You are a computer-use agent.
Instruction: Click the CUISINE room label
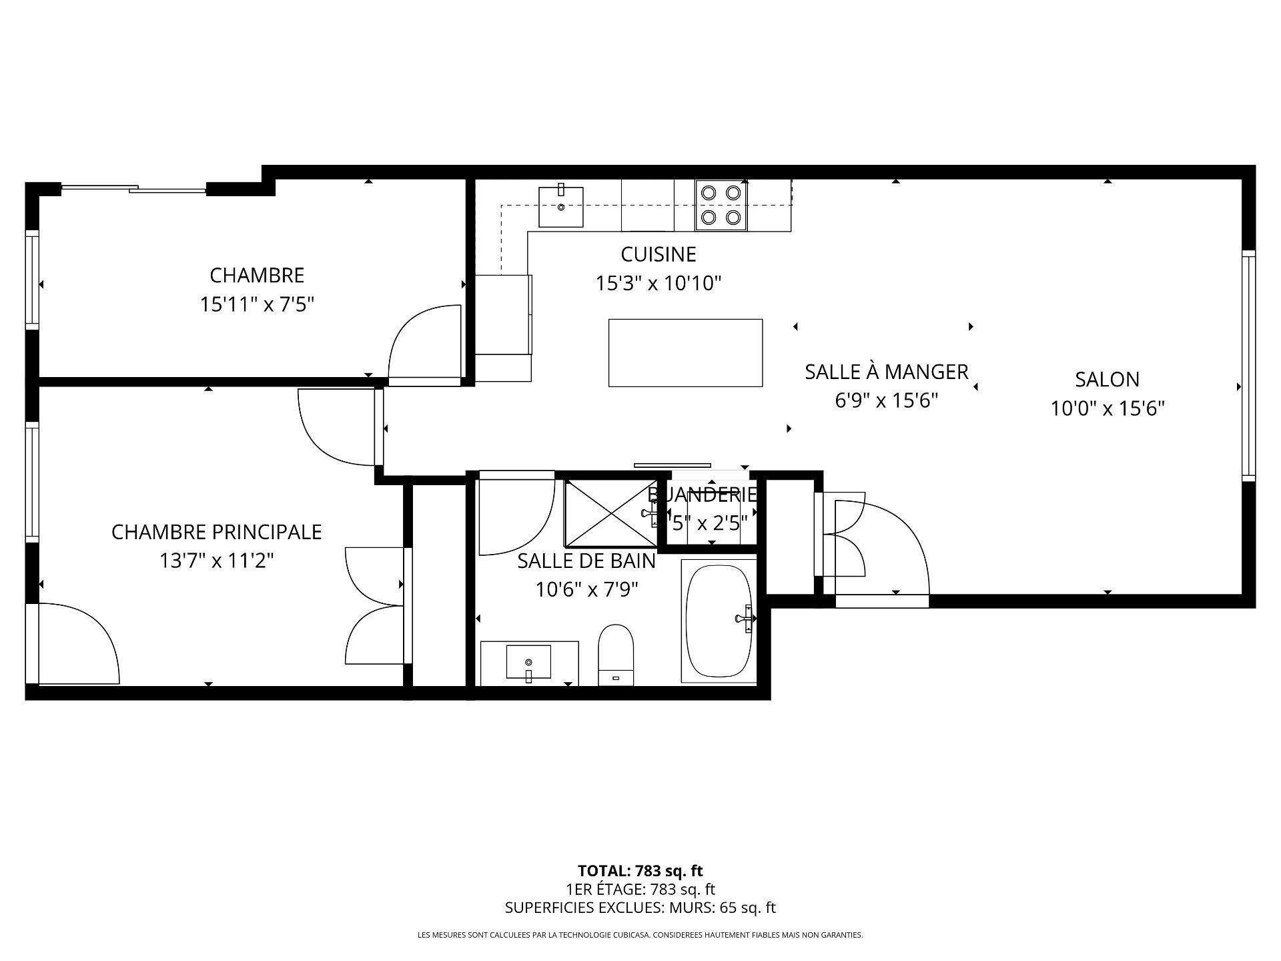658,254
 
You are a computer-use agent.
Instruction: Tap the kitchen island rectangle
685,352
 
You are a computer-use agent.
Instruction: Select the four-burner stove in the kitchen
721,205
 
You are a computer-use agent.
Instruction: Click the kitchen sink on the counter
560,206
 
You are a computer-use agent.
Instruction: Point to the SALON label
1107,379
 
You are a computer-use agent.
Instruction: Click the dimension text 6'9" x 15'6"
887,401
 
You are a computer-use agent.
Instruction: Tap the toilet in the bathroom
615,655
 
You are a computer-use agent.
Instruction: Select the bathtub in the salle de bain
719,621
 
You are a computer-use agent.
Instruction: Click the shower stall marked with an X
610,512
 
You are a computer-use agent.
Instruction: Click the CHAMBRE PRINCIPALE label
216,532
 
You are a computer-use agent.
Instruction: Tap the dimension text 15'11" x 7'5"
257,305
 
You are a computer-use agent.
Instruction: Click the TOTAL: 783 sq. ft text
640,871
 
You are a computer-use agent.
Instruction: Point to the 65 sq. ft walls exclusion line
640,908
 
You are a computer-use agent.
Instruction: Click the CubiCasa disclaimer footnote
640,935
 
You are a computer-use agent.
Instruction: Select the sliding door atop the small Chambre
133,190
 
